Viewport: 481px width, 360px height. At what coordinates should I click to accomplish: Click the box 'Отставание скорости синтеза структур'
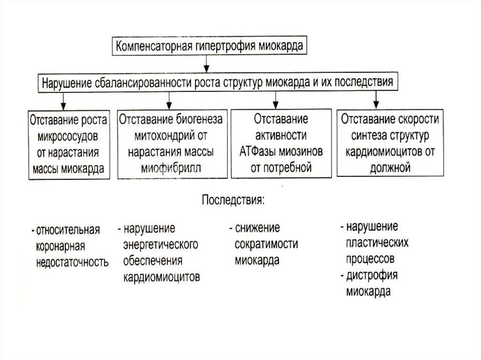point(390,144)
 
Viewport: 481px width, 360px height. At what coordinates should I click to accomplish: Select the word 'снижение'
point(258,229)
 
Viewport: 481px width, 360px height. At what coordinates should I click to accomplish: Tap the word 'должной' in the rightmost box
point(390,167)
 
